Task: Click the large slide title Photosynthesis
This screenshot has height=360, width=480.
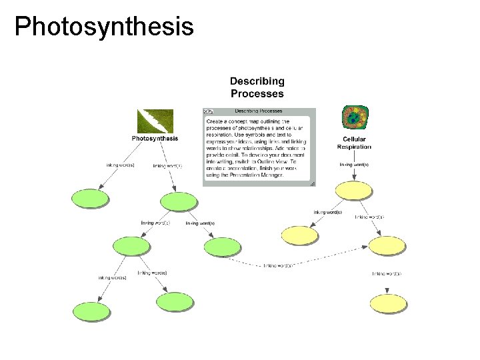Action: (104, 27)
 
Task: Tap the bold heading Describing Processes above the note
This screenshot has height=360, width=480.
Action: (257, 87)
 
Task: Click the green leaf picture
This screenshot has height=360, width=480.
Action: (155, 121)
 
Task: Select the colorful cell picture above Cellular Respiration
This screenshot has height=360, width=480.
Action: (353, 117)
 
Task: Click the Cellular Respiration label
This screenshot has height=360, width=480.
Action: (354, 143)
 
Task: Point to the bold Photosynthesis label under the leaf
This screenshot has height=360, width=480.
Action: (155, 139)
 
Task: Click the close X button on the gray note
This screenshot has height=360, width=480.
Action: (207, 111)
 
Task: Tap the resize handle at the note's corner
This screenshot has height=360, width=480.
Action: (312, 182)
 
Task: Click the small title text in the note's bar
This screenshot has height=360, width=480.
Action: (258, 111)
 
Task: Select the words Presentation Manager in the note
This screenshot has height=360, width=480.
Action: (259, 175)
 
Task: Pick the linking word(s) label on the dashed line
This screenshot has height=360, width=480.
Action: (279, 265)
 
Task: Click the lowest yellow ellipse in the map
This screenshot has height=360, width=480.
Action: (387, 303)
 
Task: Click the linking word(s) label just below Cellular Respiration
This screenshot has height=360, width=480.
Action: (354, 164)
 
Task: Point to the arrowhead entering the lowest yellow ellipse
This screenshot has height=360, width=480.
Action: (387, 291)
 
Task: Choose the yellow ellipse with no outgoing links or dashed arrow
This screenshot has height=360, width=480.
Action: (301, 234)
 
